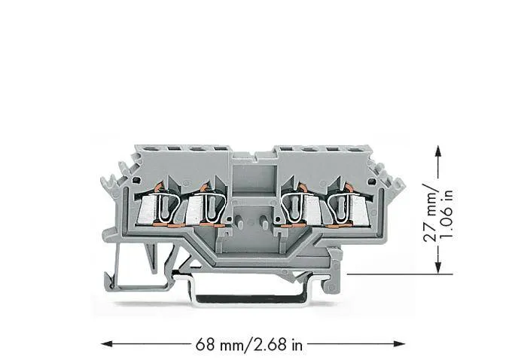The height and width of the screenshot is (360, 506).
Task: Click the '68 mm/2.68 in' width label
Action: [x=249, y=345]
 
